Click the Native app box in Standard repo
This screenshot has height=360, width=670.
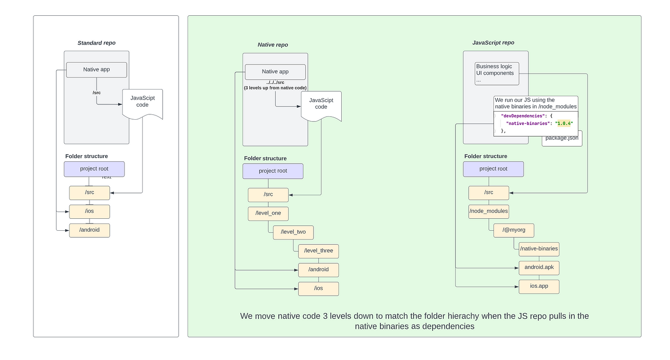(96, 70)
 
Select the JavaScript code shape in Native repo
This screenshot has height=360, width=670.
(321, 106)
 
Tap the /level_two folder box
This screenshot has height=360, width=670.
(293, 232)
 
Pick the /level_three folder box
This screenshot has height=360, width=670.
(318, 251)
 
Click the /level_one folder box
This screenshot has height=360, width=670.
(268, 214)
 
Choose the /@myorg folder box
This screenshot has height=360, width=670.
(514, 230)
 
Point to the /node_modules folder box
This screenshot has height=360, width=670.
(489, 211)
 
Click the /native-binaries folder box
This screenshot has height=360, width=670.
(539, 249)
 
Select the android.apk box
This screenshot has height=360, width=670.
(539, 268)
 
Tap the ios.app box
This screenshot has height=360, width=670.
(539, 286)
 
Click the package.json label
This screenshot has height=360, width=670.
(562, 138)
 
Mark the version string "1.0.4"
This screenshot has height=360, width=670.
(564, 124)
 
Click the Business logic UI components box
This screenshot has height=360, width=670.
(497, 74)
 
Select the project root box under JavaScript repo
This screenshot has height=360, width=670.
(493, 169)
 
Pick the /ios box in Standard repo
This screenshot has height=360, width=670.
(89, 212)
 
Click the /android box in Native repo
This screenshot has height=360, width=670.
(318, 270)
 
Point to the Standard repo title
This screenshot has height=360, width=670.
(96, 43)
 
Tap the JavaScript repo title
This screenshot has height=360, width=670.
(493, 43)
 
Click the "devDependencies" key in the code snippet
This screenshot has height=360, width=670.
(523, 116)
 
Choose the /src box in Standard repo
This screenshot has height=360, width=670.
(89, 193)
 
